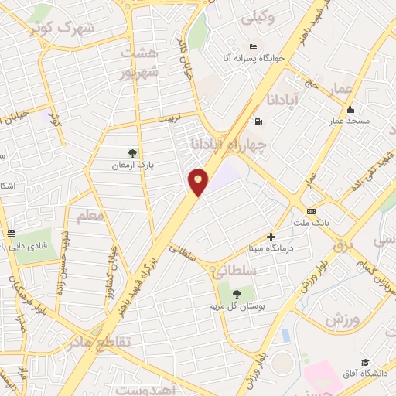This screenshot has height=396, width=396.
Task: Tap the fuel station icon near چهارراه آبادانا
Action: coord(258,121)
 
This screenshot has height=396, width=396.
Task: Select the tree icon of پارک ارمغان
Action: coord(133,152)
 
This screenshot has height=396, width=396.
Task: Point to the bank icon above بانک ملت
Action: coord(311,211)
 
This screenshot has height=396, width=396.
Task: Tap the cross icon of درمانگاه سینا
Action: coord(271,237)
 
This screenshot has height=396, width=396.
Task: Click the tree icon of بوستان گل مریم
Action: coord(235,293)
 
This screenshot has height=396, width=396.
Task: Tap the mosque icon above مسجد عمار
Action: coord(350,109)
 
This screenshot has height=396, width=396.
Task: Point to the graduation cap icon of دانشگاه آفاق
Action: coord(364,362)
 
